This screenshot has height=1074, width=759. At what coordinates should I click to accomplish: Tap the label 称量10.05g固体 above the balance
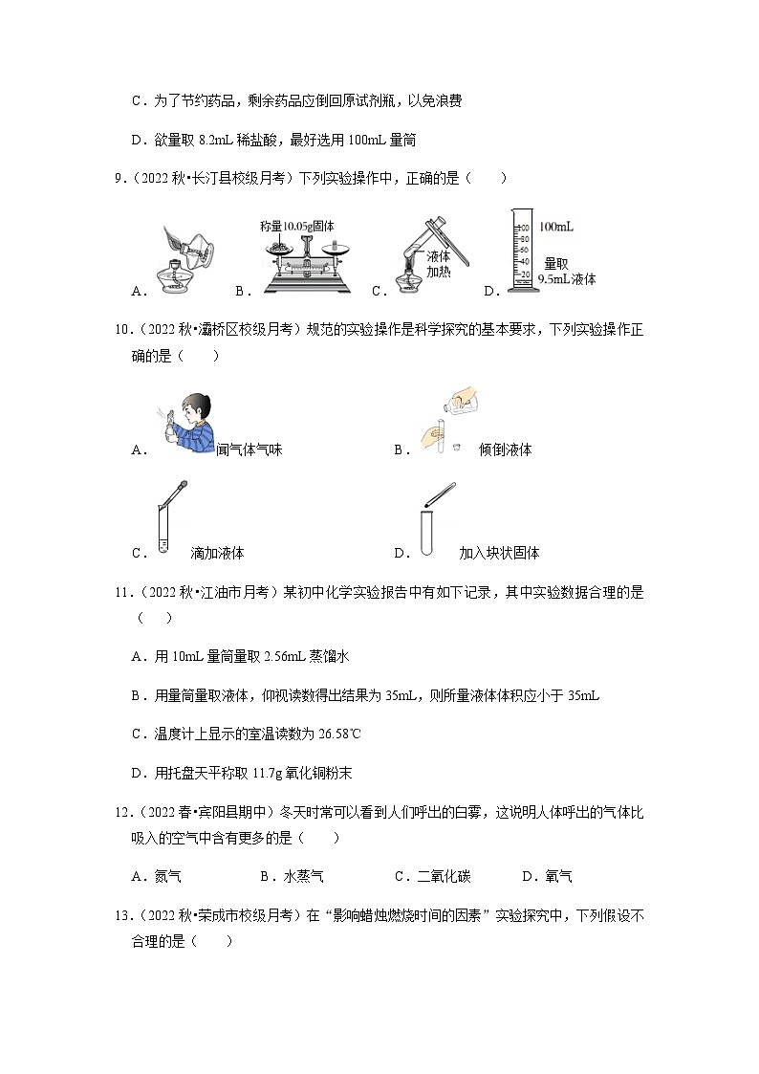coord(296,226)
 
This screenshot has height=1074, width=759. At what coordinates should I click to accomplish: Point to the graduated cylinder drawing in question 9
coord(521,252)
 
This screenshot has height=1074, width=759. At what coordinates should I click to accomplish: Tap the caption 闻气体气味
coord(249,449)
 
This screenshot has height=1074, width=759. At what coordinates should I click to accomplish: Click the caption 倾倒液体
coord(505,449)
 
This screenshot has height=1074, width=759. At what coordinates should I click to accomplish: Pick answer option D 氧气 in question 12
coord(558,876)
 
